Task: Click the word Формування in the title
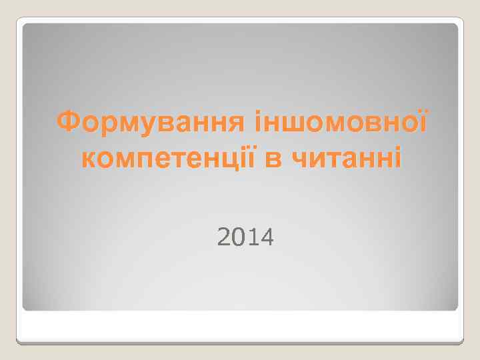[151, 123]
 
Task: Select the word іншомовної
[341, 123]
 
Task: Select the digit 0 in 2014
[238, 235]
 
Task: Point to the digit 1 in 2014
[251, 235]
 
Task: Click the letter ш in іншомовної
[290, 123]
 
